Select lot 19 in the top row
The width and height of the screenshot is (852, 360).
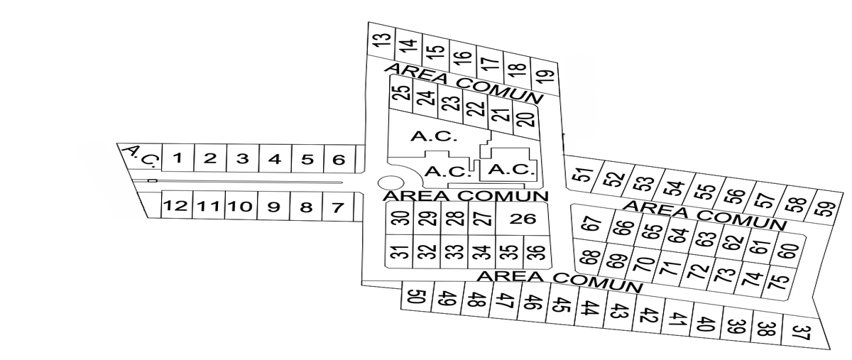pos(545,77)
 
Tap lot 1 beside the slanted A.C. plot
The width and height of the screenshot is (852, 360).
pos(178,158)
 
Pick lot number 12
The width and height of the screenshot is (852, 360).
pos(176,205)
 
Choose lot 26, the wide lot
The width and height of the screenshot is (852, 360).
pos(523,219)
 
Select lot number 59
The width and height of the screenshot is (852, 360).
pos(825,209)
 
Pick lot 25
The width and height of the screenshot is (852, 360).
pos(402,93)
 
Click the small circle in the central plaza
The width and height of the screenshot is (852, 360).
pos(391,182)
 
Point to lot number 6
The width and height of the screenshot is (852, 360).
pos(339,160)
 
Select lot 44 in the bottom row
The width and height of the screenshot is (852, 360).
pos(589,308)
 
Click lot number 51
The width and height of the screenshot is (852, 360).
pos(583,174)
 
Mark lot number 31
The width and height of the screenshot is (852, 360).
pos(399,251)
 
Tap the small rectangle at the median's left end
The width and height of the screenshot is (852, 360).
pos(152,180)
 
